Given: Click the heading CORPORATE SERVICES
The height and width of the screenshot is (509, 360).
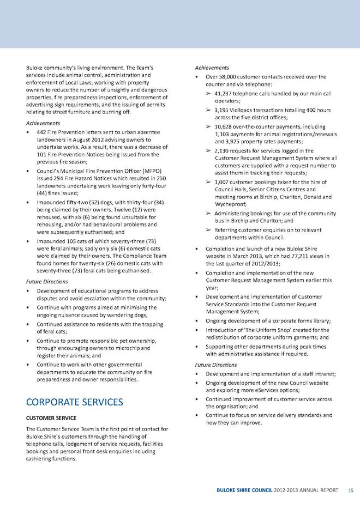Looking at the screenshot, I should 74,402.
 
